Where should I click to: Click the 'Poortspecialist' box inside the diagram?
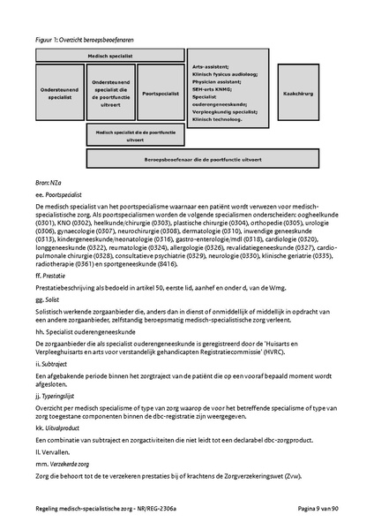click(x=161, y=93)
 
